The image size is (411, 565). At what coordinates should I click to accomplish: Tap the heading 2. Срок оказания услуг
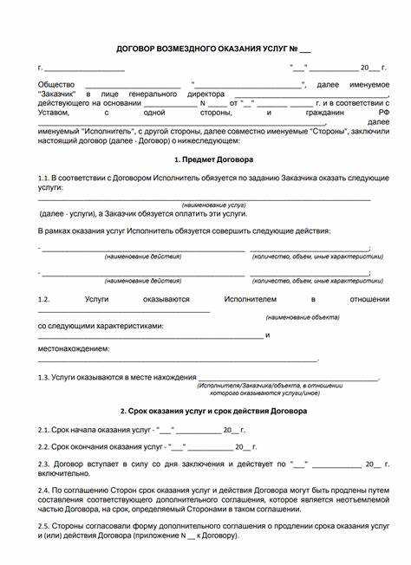coord(208,410)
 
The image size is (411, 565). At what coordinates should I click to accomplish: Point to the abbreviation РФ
coord(373,113)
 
